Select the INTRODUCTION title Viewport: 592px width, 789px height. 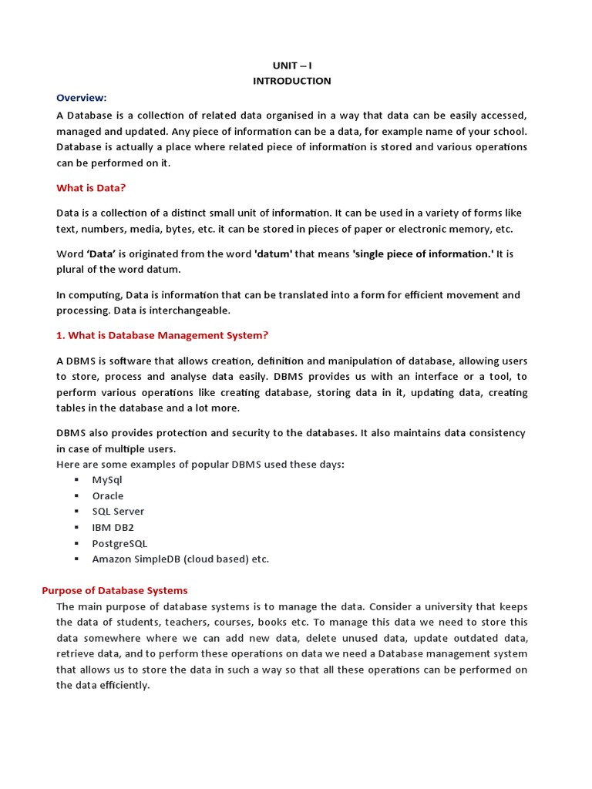(291, 81)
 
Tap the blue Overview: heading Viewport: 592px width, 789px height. (81, 98)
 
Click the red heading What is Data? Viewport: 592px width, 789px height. (91, 188)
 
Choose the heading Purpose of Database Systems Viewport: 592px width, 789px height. (114, 590)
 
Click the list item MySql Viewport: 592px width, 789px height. (107, 480)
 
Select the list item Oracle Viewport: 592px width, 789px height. (108, 496)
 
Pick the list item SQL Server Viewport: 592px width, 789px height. (118, 512)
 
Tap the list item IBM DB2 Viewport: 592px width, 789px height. (113, 528)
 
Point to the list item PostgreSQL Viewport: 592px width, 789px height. (119, 543)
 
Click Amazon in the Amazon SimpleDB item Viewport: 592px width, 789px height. (112, 559)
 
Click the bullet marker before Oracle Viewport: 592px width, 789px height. (77, 496)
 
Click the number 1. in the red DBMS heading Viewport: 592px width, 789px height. (61, 335)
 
